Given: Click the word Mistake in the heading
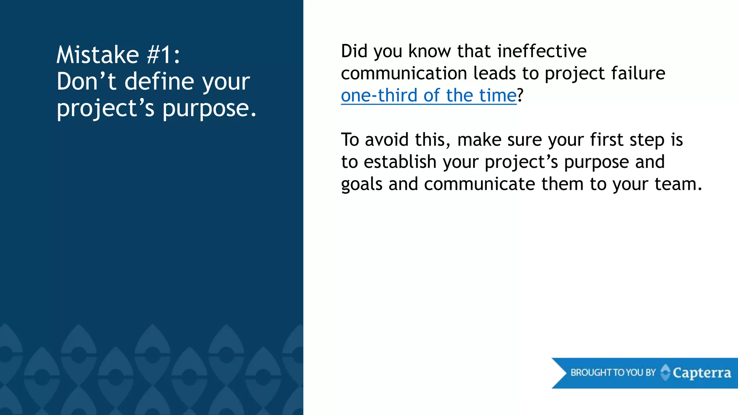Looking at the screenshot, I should tap(98, 55).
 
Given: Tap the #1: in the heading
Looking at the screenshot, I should tap(163, 55).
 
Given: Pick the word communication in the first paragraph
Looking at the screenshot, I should tap(404, 73).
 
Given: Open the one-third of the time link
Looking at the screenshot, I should tap(429, 96).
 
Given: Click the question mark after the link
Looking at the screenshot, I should tap(520, 96).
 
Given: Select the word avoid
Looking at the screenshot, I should tap(387, 140).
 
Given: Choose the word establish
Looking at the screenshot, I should tap(400, 162).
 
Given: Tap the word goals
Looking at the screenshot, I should tap(361, 184).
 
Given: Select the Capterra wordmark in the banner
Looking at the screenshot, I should tap(702, 373).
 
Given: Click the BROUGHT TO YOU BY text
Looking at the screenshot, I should tap(613, 372).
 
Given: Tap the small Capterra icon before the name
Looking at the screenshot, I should tap(666, 372).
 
